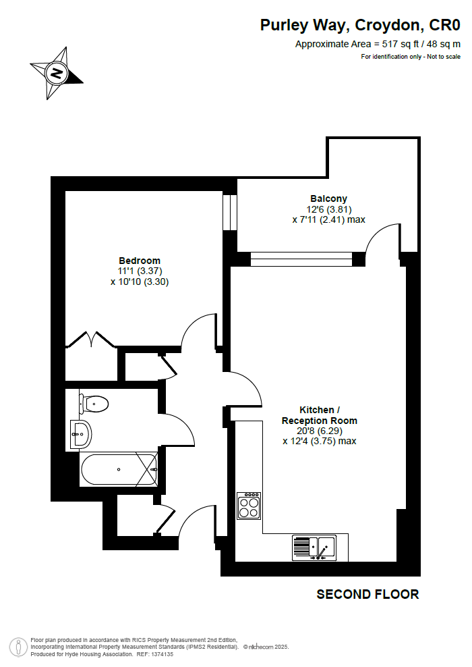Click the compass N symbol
click(x=57, y=73)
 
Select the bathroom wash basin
click(x=81, y=434)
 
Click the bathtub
click(x=119, y=470)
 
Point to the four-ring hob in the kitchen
click(x=249, y=506)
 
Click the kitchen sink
click(x=314, y=548)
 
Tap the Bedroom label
click(x=140, y=261)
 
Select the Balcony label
click(x=329, y=198)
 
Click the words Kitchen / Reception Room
click(x=320, y=415)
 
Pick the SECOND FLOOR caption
click(x=368, y=594)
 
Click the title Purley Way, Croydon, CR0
click(x=360, y=25)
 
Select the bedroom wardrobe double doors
click(x=91, y=339)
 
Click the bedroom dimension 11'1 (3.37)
click(x=140, y=271)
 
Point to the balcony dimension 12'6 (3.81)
click(x=329, y=209)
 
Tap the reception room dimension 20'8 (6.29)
click(x=320, y=431)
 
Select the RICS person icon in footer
click(x=19, y=647)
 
